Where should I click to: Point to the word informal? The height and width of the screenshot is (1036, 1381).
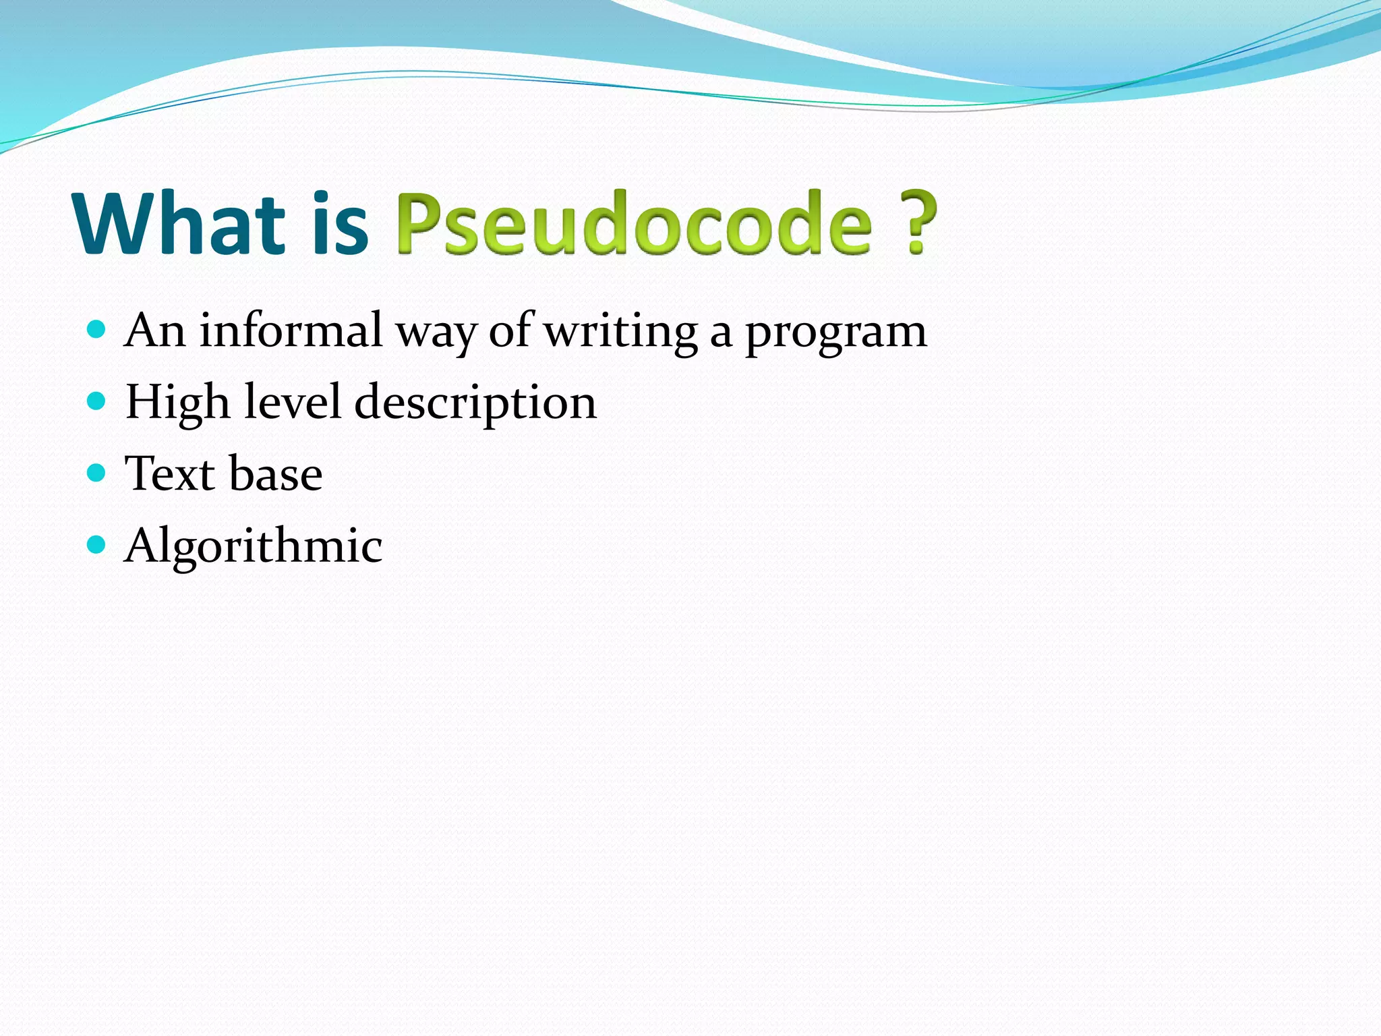pos(291,330)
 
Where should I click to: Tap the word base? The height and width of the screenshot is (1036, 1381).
pos(275,473)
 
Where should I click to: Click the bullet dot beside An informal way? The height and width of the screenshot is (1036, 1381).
pos(97,330)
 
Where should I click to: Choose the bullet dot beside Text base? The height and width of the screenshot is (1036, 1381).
pos(97,473)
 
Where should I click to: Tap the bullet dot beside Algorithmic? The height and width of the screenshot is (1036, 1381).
pos(97,544)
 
